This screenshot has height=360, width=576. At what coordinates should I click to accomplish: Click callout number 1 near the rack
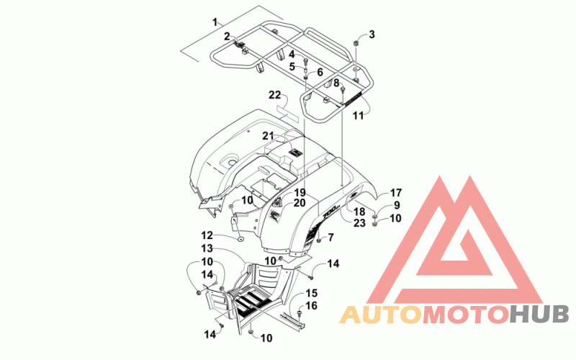click(215, 22)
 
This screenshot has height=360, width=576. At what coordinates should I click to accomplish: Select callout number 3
click(372, 35)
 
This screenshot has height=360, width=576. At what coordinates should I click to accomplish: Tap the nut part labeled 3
click(356, 43)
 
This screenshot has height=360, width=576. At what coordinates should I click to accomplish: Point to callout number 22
click(274, 95)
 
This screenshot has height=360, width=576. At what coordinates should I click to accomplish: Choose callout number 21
click(268, 136)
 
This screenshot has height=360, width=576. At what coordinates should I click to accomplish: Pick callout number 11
click(358, 116)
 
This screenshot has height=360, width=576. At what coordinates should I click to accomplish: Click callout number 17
click(395, 193)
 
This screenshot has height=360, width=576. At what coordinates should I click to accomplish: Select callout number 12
click(207, 235)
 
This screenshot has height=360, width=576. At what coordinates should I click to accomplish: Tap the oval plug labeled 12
click(240, 240)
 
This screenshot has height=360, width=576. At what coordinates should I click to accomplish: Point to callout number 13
click(207, 248)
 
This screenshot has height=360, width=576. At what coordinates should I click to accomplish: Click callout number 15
click(312, 293)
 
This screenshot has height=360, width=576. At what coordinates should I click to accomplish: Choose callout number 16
click(312, 305)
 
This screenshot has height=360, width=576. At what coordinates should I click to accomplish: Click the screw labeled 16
click(298, 312)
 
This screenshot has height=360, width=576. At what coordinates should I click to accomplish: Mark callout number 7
click(330, 238)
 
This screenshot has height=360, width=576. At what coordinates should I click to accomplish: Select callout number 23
click(359, 222)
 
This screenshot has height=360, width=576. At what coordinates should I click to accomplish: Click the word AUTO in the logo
click(381, 314)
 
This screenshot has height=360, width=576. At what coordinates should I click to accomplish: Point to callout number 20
click(300, 203)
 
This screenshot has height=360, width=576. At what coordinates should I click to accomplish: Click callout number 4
click(292, 55)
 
